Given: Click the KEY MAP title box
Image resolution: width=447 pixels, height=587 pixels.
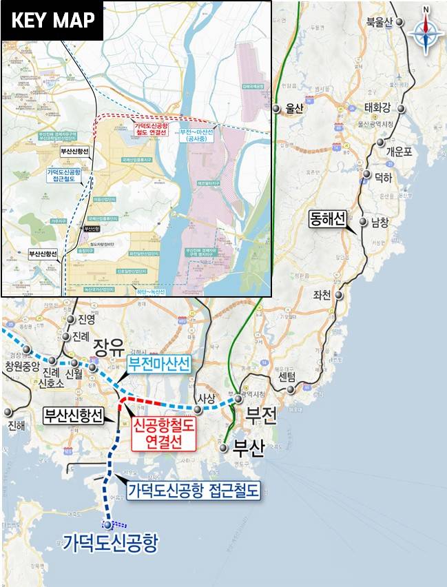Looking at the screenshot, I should point(53,21).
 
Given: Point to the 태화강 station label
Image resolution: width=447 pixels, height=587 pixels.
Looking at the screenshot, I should point(377,107).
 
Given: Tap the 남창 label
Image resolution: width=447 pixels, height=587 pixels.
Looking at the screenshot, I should point(380,223).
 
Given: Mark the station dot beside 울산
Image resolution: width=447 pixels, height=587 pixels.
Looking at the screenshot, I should point(275,108).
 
